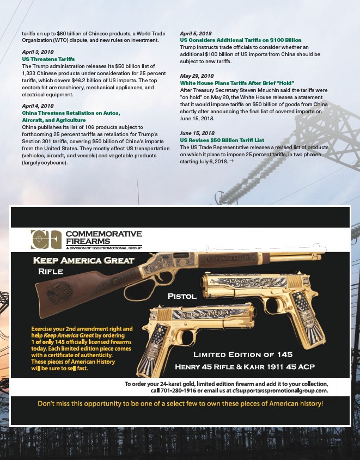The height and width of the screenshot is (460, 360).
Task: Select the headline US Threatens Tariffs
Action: [48, 58]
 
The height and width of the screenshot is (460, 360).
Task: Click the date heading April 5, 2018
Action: [196, 34]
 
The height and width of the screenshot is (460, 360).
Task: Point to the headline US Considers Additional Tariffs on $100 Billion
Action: [240, 40]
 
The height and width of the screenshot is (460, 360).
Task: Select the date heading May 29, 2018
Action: [197, 76]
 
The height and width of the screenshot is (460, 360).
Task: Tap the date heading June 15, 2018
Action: [197, 133]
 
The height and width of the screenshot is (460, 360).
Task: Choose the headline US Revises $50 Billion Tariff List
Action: [222, 139]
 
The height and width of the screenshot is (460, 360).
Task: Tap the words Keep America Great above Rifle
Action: [83, 260]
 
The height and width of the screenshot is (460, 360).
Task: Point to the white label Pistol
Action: [181, 297]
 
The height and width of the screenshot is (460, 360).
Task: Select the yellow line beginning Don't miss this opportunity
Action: [180, 404]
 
